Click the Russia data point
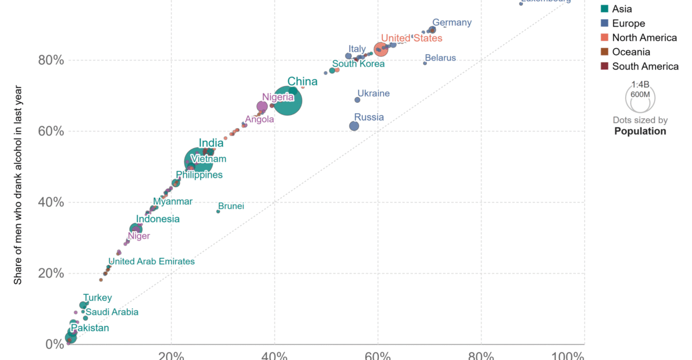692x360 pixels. [354, 126]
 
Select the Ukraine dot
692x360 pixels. [357, 100]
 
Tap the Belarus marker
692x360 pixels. [425, 63]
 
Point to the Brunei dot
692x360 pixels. [218, 211]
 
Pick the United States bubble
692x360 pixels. [381, 50]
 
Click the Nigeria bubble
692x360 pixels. [262, 106]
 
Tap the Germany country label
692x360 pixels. [452, 23]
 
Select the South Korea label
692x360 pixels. [358, 63]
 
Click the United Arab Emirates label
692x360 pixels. [152, 261]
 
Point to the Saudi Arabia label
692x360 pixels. [112, 312]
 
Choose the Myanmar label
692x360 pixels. [173, 201]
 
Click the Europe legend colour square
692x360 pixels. [605, 24]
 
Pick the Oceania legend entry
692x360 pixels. [631, 52]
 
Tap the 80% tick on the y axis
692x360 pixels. [50, 61]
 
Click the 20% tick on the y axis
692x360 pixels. [50, 273]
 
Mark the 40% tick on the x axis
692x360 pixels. [274, 354]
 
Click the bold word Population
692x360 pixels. [640, 131]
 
